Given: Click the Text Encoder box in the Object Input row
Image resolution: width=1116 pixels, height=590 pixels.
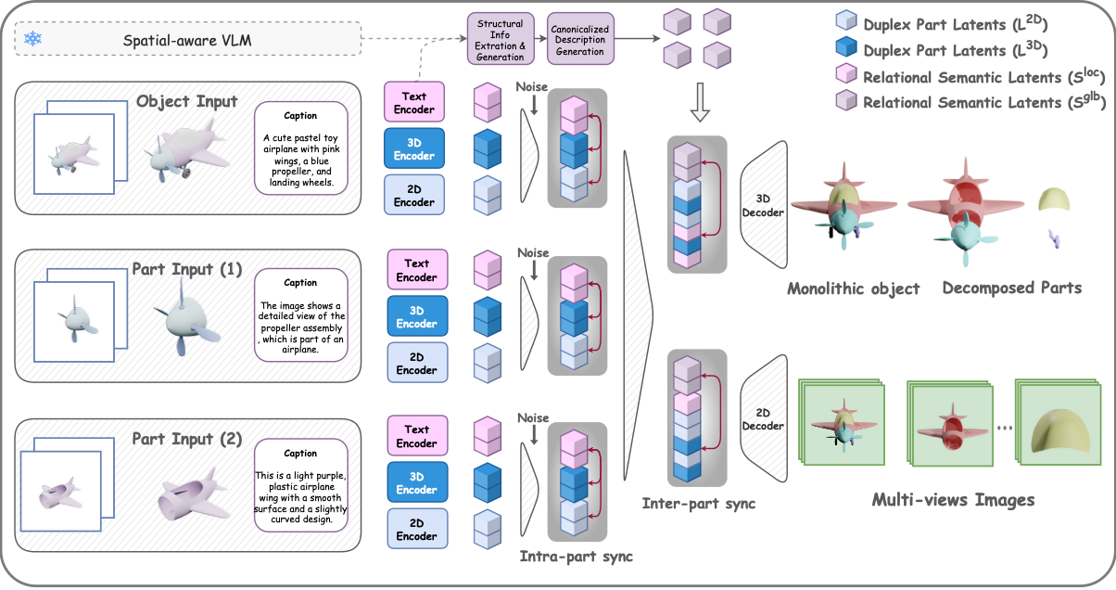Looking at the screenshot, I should point(414,102).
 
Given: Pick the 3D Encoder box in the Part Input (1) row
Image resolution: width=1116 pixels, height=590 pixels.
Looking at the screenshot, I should point(416,316).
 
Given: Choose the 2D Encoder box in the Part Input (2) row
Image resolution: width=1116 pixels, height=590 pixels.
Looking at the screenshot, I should point(416,529).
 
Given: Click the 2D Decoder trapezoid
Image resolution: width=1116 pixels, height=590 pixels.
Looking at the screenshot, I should point(765,419).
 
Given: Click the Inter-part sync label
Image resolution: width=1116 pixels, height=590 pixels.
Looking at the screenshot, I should point(699,504).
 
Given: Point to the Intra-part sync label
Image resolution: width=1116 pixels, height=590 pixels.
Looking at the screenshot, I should point(577,557).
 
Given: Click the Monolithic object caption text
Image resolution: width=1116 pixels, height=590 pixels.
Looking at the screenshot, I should point(854,289).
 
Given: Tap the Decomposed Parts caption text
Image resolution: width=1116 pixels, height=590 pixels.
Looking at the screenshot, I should point(1011,288).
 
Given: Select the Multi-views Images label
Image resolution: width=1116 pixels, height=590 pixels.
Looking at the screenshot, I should point(953,500).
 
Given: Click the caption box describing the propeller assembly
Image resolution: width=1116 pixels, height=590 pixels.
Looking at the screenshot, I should point(300,316).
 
